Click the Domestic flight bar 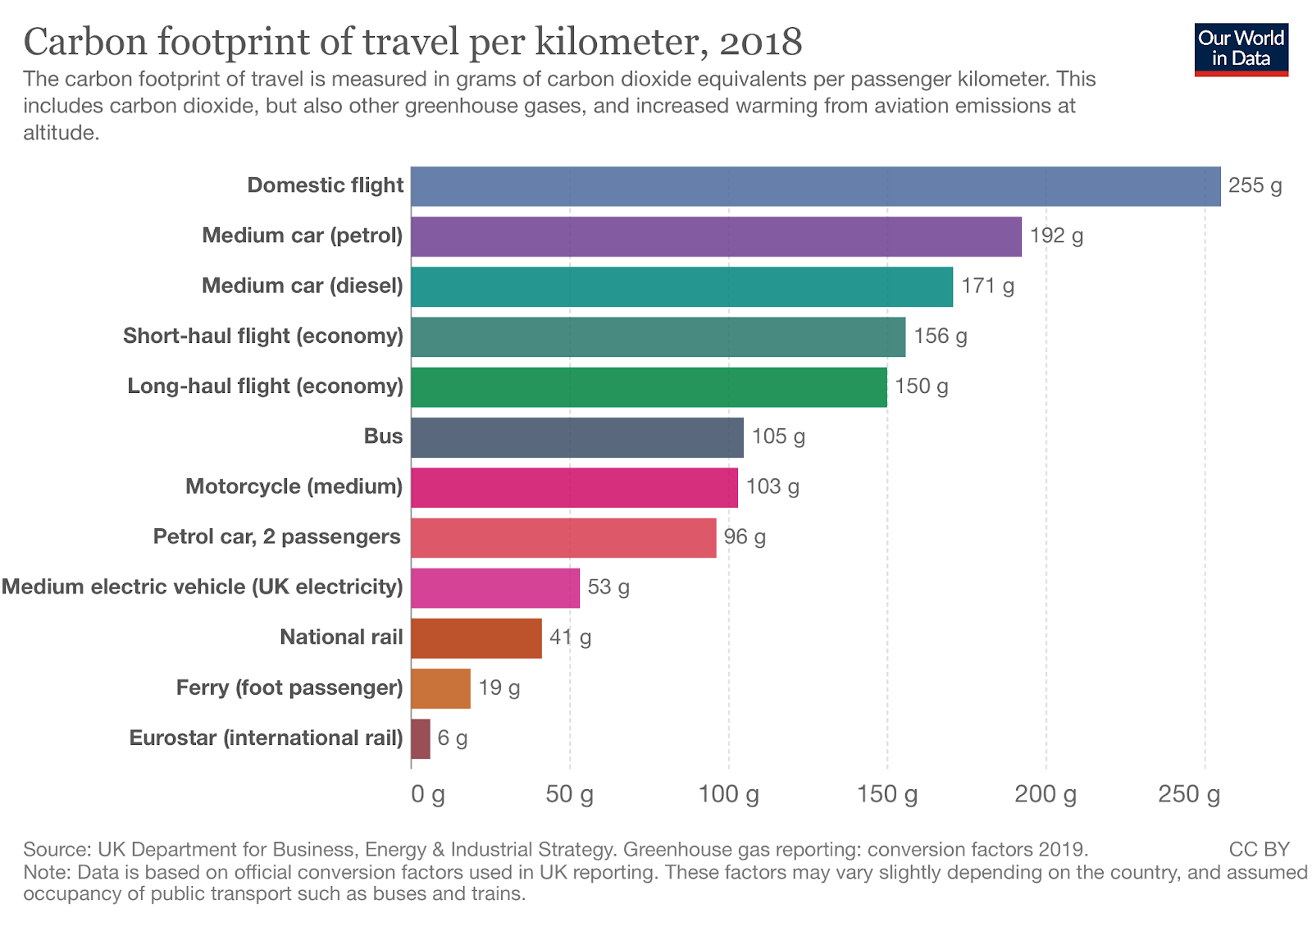pos(815,186)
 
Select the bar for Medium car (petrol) pos(716,236)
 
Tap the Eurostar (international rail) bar pos(421,738)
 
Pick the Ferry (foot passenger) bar pos(441,688)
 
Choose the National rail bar pos(476,638)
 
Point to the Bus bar pos(577,437)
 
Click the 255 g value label pos(1255,185)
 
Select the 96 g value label pos(745,537)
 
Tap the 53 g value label pos(608,587)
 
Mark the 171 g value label pos(987,286)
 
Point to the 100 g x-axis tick pos(728,794)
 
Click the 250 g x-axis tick pos(1189,794)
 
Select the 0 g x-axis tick pos(428,794)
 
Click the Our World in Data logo pos(1241,49)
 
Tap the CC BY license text pos(1259,849)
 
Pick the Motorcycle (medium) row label pos(294,486)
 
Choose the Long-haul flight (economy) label pos(265,386)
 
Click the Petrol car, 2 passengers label pos(276,537)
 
